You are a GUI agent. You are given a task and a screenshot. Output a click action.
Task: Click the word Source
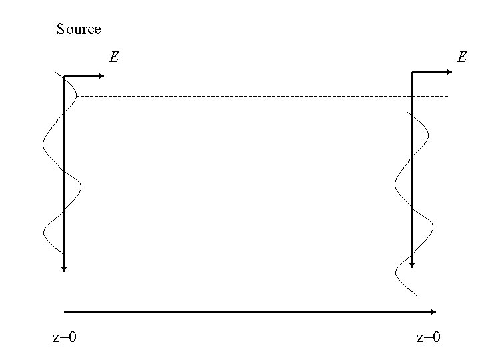pos(79,29)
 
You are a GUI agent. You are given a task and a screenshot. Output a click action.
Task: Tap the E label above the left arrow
pos(114,57)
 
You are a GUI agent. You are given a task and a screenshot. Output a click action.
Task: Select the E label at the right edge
pos(461,57)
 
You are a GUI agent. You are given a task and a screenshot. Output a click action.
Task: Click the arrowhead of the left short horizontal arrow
pos(102,77)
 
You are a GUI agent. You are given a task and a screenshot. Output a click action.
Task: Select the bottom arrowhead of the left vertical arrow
pos(64,269)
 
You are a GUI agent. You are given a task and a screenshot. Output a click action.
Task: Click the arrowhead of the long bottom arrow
pos(434,311)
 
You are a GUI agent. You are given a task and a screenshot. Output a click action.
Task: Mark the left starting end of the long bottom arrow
pos(65,311)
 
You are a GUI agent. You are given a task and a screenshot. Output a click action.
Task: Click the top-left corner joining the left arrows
pos(64,77)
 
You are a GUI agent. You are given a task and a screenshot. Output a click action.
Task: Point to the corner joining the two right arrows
pos(413,71)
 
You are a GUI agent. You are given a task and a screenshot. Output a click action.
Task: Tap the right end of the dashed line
pos(448,97)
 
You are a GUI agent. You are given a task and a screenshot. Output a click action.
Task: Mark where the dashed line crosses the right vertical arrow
pos(413,97)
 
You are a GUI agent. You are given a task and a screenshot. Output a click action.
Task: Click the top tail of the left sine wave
pos(57,72)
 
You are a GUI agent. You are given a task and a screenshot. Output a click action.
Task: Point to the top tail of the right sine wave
pos(408,111)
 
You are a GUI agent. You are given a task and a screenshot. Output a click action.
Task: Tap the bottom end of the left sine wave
pos(63,254)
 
